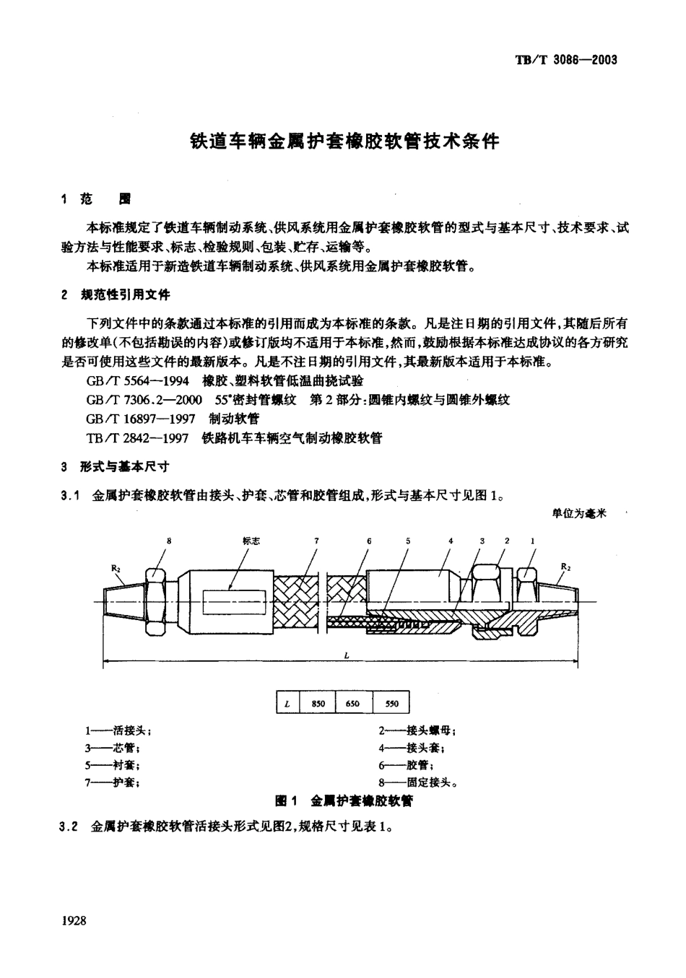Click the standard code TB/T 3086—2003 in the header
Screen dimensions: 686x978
click(x=566, y=60)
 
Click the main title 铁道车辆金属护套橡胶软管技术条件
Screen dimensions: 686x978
click(x=344, y=141)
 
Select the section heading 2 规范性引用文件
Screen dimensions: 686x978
click(x=116, y=295)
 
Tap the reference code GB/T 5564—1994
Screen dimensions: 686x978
click(x=138, y=381)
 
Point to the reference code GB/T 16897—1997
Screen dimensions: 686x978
click(x=141, y=419)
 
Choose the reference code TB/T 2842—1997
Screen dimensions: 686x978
click(x=138, y=438)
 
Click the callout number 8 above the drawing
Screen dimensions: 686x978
click(x=169, y=541)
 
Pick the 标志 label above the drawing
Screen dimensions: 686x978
click(x=251, y=541)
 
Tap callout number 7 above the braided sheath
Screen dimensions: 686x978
click(x=316, y=541)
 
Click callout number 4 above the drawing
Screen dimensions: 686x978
click(x=451, y=541)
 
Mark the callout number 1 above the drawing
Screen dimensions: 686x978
click(x=533, y=541)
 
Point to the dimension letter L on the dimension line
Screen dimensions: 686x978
click(x=347, y=655)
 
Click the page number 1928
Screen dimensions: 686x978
click(x=74, y=920)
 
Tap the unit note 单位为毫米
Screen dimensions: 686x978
click(x=579, y=513)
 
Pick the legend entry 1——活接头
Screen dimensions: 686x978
click(x=118, y=730)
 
